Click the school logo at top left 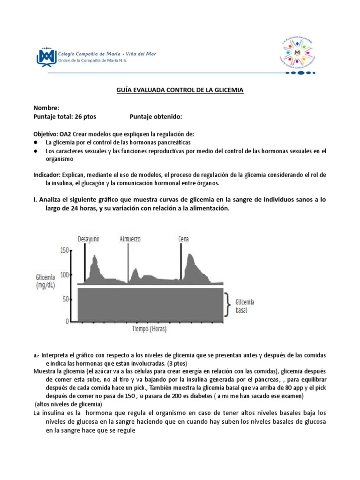[x=45, y=56]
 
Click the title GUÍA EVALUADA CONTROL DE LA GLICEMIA [x=180, y=90]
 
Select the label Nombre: [x=46, y=108]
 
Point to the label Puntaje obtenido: [x=155, y=116]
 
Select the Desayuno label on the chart [x=89, y=239]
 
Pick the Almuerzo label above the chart [x=130, y=239]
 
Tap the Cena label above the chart [x=184, y=239]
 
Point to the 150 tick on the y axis [x=64, y=251]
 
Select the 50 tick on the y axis [x=66, y=299]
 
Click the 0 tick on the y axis [x=68, y=322]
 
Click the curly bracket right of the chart [x=228, y=305]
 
